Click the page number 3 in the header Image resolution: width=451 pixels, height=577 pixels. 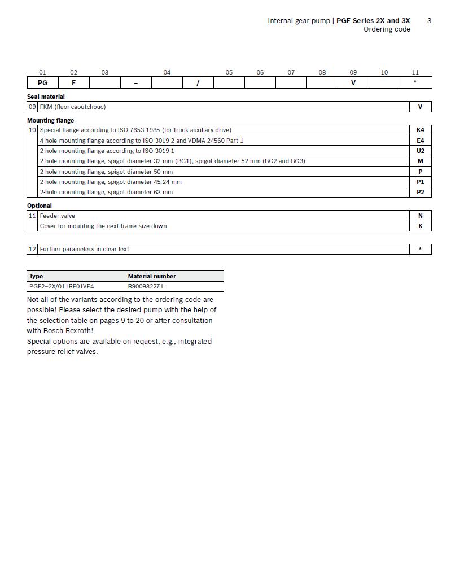click(x=429, y=21)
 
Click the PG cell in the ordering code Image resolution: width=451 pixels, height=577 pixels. click(x=42, y=83)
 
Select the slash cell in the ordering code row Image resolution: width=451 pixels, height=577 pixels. click(x=198, y=83)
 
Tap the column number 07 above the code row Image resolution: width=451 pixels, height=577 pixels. click(x=291, y=72)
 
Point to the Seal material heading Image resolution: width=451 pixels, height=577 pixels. click(x=46, y=97)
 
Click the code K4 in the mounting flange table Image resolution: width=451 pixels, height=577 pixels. click(x=420, y=130)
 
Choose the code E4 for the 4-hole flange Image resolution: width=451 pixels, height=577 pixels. click(x=420, y=141)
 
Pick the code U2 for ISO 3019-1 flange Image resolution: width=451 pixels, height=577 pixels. click(x=420, y=151)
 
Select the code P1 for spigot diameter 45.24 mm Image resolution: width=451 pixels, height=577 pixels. click(x=420, y=182)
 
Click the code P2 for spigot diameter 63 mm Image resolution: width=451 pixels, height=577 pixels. click(x=420, y=192)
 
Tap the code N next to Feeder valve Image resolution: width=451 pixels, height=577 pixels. click(x=420, y=216)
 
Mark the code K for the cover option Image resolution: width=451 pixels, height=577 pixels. click(x=420, y=226)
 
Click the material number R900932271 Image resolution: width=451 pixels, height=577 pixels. click(x=146, y=286)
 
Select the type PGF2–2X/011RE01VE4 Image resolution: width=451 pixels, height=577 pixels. click(x=62, y=286)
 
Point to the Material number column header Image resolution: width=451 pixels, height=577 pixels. click(x=151, y=276)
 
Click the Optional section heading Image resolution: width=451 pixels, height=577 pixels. click(x=40, y=206)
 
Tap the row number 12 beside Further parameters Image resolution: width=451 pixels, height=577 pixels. click(x=32, y=249)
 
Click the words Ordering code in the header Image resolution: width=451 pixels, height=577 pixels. click(x=386, y=29)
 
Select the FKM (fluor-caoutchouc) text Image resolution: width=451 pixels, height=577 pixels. click(x=72, y=107)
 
